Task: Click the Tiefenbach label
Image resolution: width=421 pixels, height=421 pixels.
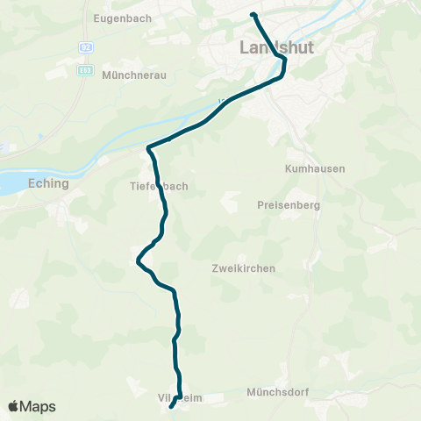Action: [158, 186]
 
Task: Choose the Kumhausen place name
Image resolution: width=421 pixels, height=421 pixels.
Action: [315, 168]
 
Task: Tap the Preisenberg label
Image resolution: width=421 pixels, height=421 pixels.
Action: [289, 205]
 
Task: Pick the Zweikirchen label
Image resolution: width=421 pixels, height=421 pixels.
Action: [244, 268]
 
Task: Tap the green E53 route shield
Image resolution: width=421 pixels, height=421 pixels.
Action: [85, 69]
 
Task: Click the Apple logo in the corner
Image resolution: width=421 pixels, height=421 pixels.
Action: [15, 406]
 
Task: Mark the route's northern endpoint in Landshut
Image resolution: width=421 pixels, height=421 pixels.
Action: [253, 15]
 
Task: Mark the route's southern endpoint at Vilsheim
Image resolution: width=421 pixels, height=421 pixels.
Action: [170, 405]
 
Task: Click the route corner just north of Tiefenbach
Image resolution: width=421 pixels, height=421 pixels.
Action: [149, 147]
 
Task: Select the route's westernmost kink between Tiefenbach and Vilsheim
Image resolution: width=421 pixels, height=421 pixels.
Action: [138, 260]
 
